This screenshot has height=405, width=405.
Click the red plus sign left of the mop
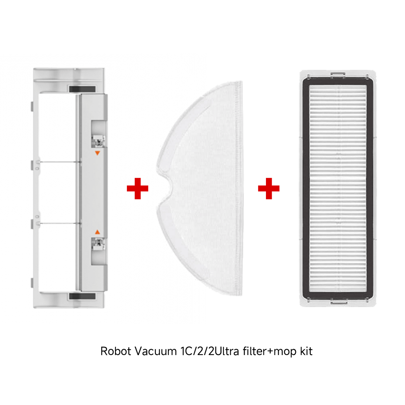tap(137, 188)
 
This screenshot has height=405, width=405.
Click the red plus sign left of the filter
tap(269, 188)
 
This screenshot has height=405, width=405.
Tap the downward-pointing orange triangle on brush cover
tap(97, 153)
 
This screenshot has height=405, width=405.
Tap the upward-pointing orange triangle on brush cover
tap(97, 232)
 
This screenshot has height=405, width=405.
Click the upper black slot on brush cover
tap(82, 89)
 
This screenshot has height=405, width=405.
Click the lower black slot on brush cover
tap(82, 297)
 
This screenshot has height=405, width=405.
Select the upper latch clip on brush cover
tap(98, 141)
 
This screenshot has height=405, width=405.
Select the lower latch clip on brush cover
tap(98, 244)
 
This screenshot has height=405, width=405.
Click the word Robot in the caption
tap(116, 351)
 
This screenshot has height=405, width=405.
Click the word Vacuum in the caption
tap(156, 351)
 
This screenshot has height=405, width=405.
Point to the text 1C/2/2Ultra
tap(210, 351)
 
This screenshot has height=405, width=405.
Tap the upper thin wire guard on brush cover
tap(59, 162)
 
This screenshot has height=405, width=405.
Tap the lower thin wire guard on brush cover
tap(59, 223)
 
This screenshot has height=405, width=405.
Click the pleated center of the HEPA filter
tap(338, 188)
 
